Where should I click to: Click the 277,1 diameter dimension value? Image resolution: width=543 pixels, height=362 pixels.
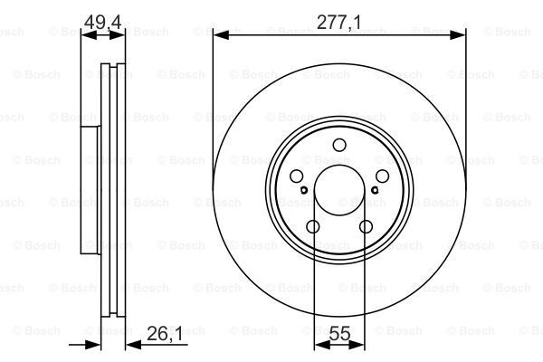click(x=338, y=23)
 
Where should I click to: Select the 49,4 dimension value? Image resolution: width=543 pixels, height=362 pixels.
click(x=102, y=23)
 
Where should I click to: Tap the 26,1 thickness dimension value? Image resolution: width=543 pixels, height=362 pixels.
click(x=164, y=334)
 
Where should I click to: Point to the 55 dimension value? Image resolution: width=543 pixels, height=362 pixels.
click(x=339, y=334)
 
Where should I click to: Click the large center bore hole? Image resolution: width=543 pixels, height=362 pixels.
click(x=339, y=190)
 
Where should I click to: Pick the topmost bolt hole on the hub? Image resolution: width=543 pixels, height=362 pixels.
click(x=339, y=145)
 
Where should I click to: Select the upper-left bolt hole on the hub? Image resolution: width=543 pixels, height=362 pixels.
click(x=297, y=176)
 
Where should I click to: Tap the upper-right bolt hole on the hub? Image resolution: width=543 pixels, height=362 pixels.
click(x=382, y=176)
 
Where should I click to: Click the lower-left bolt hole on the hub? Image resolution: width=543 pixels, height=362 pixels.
click(x=313, y=226)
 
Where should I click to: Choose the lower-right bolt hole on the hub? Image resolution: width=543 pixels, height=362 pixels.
click(x=366, y=226)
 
